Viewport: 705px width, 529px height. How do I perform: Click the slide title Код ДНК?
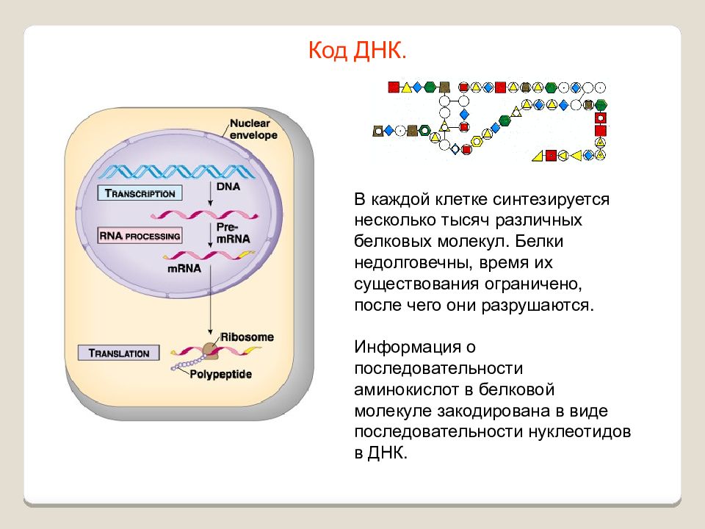click(358, 50)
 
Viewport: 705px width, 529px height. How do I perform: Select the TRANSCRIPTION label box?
click(140, 193)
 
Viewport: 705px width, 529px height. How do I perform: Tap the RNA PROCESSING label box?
click(140, 236)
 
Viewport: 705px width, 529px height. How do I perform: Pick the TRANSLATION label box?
click(119, 353)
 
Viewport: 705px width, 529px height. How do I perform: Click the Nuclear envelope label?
click(253, 129)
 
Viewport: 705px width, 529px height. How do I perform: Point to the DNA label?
click(228, 186)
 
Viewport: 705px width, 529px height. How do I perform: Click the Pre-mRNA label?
click(233, 233)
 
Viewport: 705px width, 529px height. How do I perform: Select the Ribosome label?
click(247, 337)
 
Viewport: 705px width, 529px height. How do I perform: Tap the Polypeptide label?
click(220, 374)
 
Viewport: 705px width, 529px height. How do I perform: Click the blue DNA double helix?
click(178, 171)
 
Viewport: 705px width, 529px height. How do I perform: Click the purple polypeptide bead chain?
click(188, 363)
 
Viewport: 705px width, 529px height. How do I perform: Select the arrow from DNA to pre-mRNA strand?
click(210, 194)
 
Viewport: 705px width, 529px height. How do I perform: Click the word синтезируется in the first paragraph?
click(551, 199)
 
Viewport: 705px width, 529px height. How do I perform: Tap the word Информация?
click(408, 347)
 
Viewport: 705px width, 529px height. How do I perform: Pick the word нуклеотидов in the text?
click(579, 431)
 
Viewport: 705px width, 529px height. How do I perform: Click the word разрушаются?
click(538, 305)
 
